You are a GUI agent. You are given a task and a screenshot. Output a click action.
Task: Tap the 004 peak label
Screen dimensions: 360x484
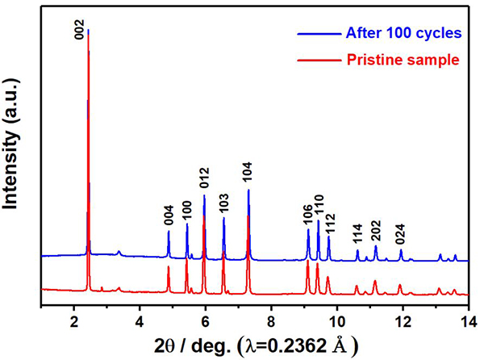(x=169, y=214)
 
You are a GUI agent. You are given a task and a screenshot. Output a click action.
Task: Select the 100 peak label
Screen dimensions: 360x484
(x=186, y=211)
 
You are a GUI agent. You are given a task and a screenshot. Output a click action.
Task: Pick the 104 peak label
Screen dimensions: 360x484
(x=248, y=173)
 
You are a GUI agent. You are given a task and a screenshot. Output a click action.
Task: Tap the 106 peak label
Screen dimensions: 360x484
(x=307, y=213)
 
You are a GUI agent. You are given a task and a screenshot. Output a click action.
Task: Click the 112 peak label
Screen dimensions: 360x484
(x=329, y=224)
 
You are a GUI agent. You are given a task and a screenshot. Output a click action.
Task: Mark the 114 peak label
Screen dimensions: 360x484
(x=357, y=233)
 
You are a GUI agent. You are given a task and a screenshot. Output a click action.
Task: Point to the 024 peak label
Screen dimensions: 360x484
(x=401, y=233)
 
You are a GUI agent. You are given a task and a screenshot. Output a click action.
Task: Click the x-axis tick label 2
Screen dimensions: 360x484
(x=74, y=319)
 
